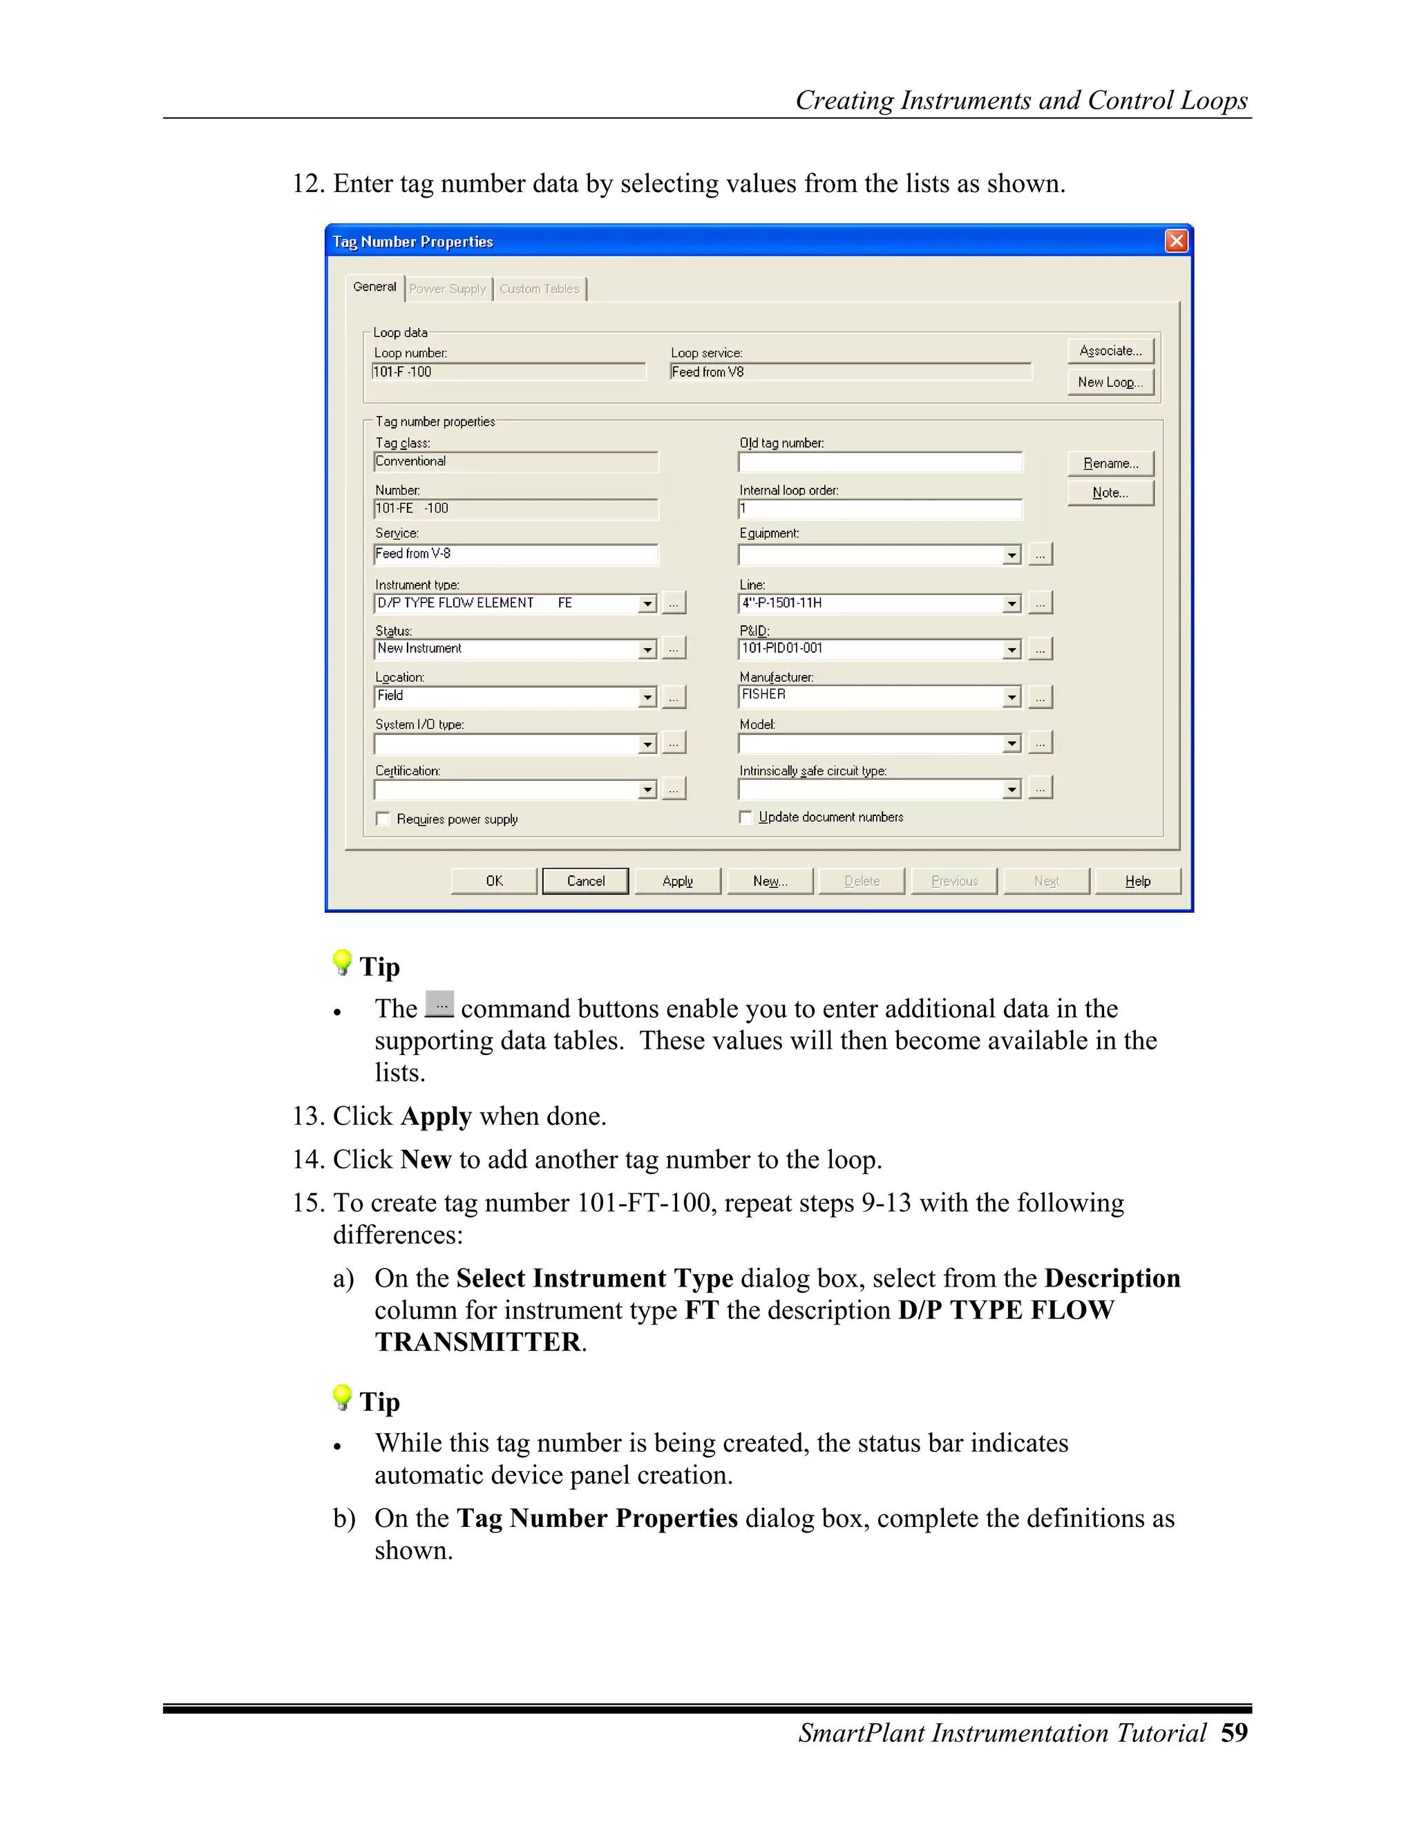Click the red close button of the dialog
point(1176,241)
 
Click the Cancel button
point(585,881)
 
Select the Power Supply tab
point(448,288)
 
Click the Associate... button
point(1110,350)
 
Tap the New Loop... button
point(1110,382)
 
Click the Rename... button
point(1110,464)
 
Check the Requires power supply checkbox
point(383,819)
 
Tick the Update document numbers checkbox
point(746,817)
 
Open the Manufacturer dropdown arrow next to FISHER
point(1012,696)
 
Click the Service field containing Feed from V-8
point(515,554)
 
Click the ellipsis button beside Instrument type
point(674,603)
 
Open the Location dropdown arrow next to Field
point(646,696)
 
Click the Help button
point(1137,881)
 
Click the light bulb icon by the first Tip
point(342,962)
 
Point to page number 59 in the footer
point(1234,1732)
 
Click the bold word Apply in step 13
point(436,1117)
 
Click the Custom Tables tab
point(539,288)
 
